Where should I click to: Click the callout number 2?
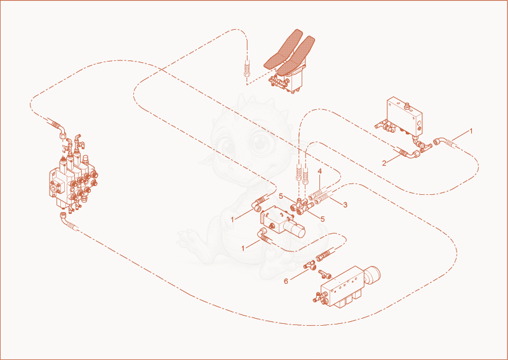[x=384, y=163]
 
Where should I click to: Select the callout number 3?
[x=345, y=205]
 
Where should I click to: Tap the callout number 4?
[x=319, y=171]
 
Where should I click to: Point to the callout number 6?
[x=286, y=281]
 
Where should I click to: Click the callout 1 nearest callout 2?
[x=471, y=131]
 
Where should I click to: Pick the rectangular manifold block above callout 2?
[x=405, y=116]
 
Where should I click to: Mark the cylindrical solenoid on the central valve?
[x=297, y=229]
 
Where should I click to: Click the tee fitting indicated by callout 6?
[x=312, y=265]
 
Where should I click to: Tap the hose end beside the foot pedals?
[x=247, y=69]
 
